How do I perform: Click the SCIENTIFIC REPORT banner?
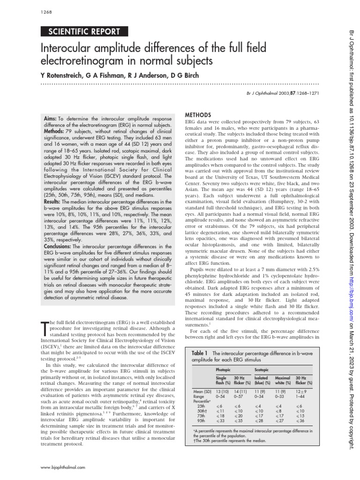[85, 32]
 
